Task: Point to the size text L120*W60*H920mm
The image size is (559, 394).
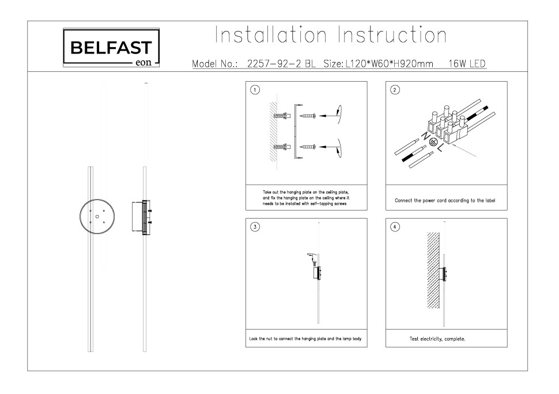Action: [x=389, y=64]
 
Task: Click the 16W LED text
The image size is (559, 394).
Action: [x=467, y=64]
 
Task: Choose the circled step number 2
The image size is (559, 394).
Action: [x=395, y=90]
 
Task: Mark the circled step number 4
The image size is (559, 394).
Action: [x=395, y=227]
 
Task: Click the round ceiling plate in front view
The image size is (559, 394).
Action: [x=97, y=217]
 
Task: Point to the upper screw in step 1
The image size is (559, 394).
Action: [x=308, y=116]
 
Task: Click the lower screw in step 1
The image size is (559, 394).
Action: [x=308, y=146]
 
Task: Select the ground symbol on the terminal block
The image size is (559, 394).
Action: [x=433, y=143]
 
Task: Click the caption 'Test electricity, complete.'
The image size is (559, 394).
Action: [x=437, y=339]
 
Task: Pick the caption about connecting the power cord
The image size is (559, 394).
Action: [x=445, y=201]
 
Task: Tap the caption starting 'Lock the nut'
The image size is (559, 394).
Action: [x=305, y=339]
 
